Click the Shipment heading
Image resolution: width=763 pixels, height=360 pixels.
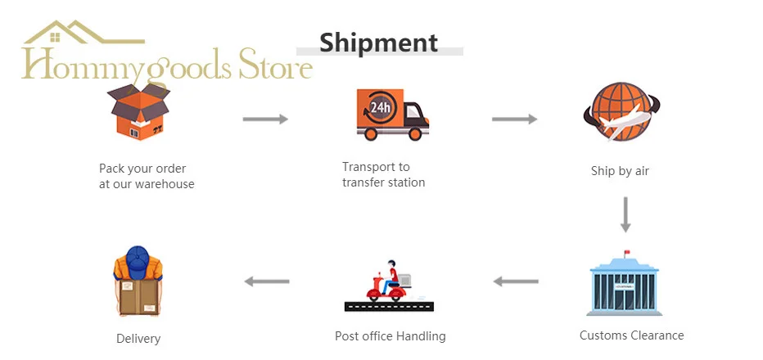tap(378, 42)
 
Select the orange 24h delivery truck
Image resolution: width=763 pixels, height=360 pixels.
tap(392, 114)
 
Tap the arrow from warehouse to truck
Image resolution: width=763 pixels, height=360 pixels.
tap(265, 119)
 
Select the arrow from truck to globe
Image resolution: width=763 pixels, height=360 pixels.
tap(514, 119)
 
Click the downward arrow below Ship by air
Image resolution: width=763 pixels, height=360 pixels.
tap(625, 214)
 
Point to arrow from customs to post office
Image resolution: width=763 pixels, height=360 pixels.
tap(516, 281)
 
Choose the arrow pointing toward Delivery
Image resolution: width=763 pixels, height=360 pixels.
tap(267, 281)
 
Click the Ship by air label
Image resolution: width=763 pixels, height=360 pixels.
tap(620, 171)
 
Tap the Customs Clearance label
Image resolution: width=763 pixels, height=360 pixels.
tap(631, 335)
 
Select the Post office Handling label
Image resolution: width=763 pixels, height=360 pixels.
tap(390, 336)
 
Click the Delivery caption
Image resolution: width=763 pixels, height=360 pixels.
tap(138, 339)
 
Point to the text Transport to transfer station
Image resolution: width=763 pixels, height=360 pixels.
tap(383, 174)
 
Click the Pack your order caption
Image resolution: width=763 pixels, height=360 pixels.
tap(147, 176)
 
